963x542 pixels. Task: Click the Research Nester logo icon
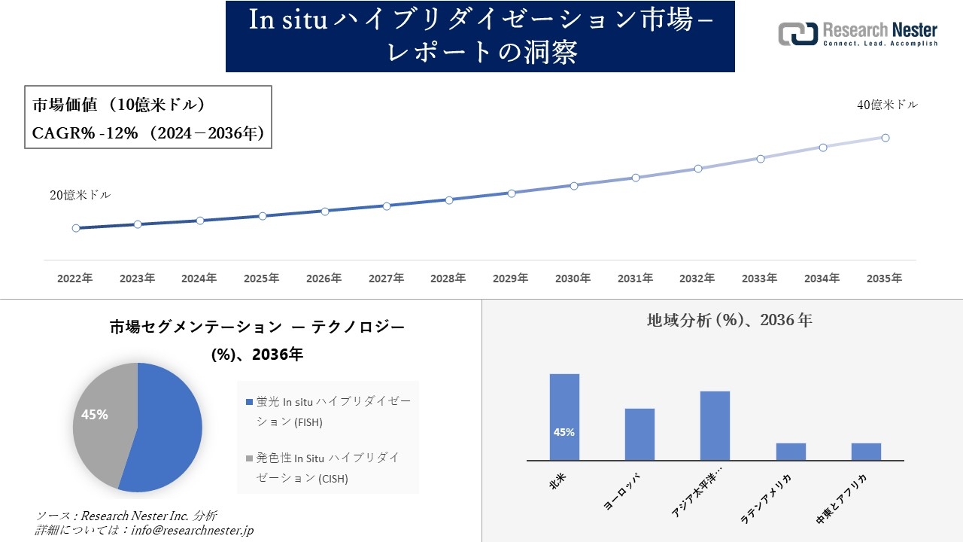(x=797, y=34)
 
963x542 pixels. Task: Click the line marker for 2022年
(x=76, y=228)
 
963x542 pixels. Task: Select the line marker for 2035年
(x=886, y=138)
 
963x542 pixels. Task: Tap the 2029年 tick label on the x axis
(x=510, y=279)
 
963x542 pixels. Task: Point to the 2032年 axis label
(x=697, y=279)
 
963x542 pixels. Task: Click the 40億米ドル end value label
(x=887, y=105)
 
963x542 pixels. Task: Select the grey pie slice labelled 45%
(x=98, y=422)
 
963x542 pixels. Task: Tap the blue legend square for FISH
(x=250, y=403)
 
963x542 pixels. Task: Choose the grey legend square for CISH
(x=250, y=458)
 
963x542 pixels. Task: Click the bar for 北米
(x=564, y=417)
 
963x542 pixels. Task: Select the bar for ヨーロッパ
(x=639, y=434)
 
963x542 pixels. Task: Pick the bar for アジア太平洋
(x=715, y=425)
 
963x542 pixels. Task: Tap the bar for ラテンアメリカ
(x=791, y=452)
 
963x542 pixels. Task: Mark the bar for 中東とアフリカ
(x=866, y=452)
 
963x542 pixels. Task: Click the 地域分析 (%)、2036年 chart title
(x=729, y=320)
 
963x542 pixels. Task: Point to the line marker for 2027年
(x=387, y=206)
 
